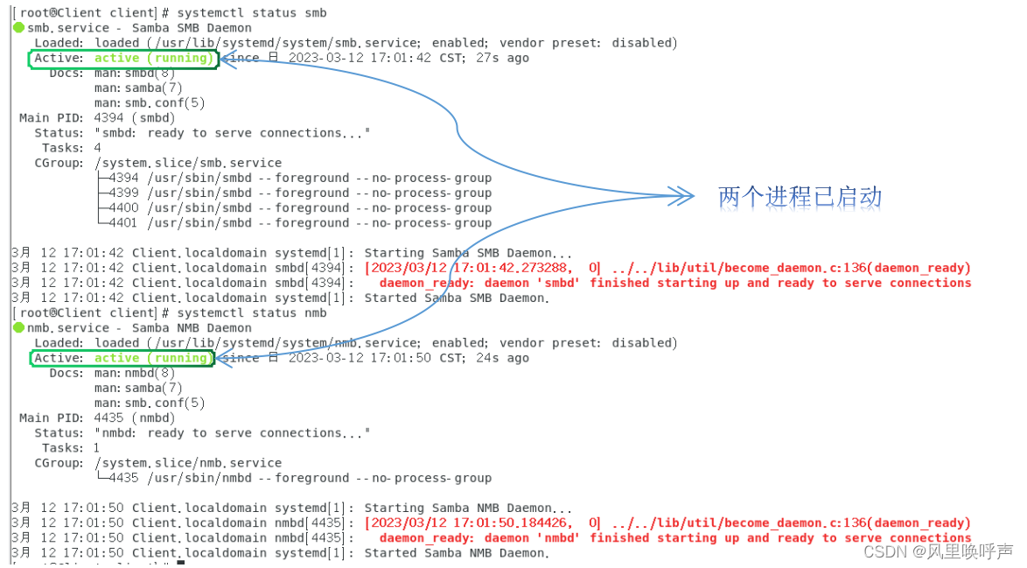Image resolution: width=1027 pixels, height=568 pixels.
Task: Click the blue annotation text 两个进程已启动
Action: click(800, 197)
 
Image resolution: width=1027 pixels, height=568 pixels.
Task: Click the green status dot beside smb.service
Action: click(19, 28)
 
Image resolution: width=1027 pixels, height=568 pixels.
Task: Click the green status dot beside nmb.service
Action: click(19, 328)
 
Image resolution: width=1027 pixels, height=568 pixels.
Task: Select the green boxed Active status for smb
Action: click(123, 59)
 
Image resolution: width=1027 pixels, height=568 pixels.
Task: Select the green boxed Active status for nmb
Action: click(122, 358)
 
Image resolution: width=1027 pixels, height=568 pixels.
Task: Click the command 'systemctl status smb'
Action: click(251, 13)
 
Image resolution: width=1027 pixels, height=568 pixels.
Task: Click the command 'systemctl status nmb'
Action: click(251, 313)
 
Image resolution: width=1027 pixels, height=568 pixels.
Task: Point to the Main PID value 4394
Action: click(109, 118)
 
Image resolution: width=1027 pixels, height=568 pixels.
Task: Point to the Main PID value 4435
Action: click(109, 418)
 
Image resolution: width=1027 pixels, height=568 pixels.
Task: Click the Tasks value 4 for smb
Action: click(98, 148)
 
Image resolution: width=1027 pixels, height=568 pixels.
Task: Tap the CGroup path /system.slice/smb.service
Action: click(188, 163)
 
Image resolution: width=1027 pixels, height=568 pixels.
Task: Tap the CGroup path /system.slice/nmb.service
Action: click(188, 463)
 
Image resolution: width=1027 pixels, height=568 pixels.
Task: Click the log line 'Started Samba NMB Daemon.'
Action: click(457, 553)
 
